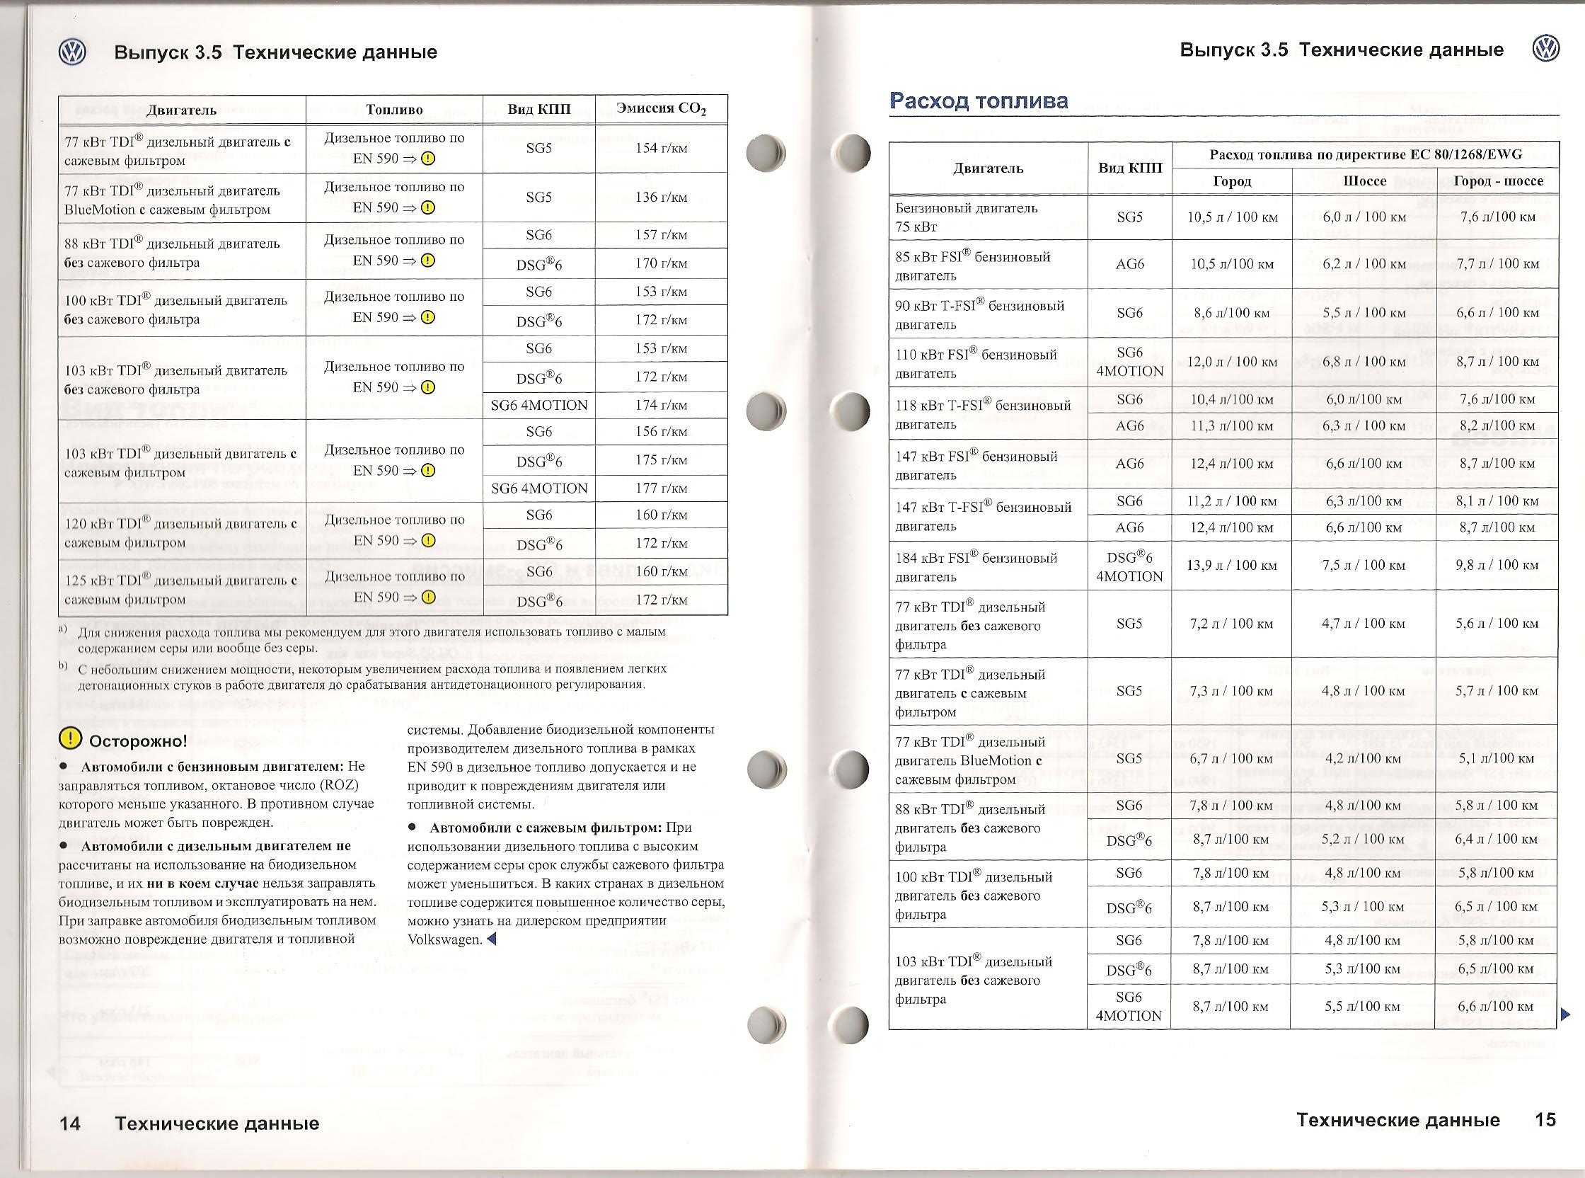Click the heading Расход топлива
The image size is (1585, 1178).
coord(979,101)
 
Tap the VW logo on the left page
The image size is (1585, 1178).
coord(72,52)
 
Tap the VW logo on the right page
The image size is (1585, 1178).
coord(1545,50)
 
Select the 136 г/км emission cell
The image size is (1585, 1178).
coord(661,198)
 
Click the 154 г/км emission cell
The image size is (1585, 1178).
coord(661,149)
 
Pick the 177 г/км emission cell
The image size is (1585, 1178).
coord(661,488)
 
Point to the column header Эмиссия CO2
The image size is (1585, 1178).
coord(661,110)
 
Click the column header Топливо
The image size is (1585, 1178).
coord(394,110)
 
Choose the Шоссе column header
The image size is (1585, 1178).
coord(1364,181)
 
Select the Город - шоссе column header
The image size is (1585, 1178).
coord(1497,181)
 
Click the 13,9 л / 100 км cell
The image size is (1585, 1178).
coord(1231,566)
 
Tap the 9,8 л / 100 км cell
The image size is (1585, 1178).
coord(1497,566)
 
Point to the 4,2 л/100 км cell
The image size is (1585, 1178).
coord(1364,759)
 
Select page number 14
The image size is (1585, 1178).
coord(70,1123)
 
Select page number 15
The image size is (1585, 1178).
coord(1545,1119)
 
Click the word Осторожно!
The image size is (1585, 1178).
coord(137,741)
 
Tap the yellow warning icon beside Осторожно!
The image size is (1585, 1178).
coord(70,740)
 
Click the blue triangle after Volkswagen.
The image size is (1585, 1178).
coord(490,939)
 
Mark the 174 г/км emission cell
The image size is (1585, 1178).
coord(661,406)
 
